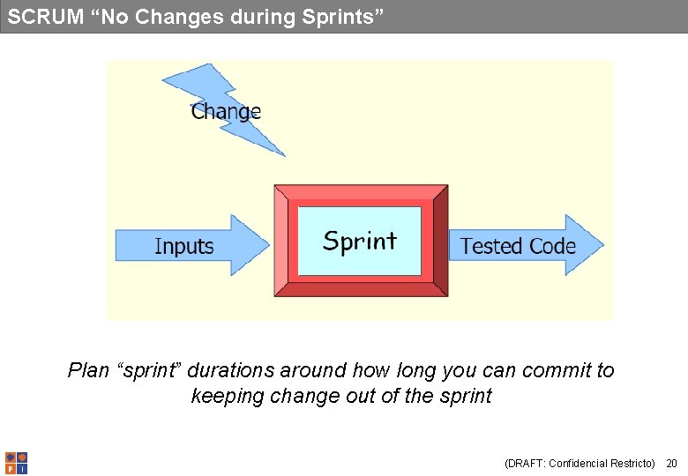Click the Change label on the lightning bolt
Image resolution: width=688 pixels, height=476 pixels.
click(226, 112)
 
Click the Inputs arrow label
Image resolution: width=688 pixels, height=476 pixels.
click(184, 246)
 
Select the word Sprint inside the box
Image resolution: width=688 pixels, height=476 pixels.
click(360, 241)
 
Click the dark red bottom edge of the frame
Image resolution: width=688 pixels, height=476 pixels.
click(361, 289)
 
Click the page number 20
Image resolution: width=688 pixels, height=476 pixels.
click(671, 464)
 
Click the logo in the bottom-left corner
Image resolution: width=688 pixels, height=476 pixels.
click(16, 463)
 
